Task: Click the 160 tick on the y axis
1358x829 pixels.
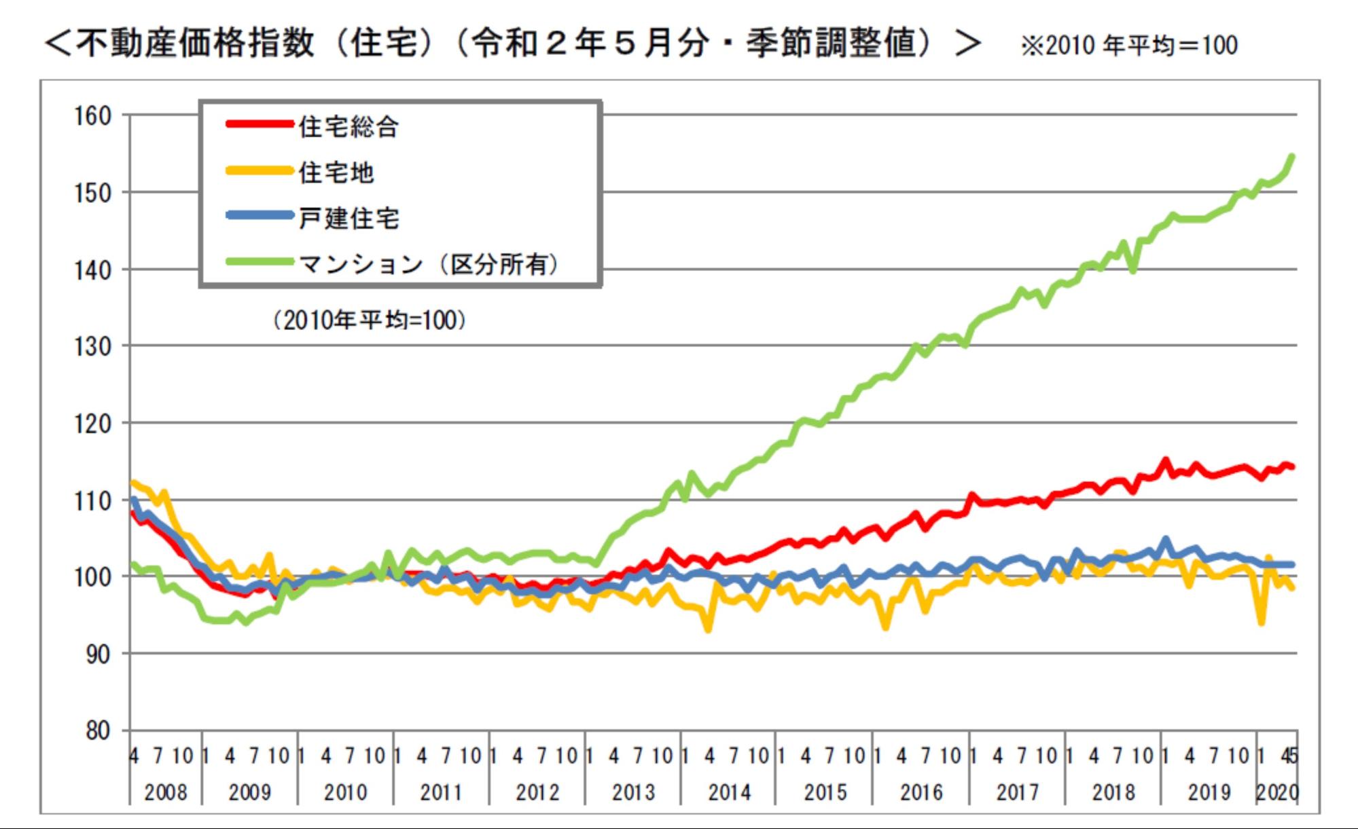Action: coord(92,116)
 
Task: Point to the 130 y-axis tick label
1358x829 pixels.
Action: coord(92,347)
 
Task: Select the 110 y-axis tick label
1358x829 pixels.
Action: coord(92,501)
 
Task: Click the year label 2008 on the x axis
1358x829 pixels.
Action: coord(165,792)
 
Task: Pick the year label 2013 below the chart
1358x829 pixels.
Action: coord(633,792)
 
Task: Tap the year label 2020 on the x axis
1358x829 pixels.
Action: coord(1277,792)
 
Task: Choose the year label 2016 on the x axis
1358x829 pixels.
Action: coord(921,792)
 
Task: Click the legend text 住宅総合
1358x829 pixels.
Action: coord(349,127)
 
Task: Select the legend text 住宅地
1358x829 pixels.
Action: coord(336,172)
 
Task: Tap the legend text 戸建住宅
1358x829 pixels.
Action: coord(349,218)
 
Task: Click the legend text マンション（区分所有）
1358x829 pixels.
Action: coord(429,264)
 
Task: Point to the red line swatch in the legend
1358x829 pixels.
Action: coord(260,124)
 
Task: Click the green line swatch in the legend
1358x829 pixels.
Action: coord(260,261)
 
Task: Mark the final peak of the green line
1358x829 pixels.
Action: coord(1291,157)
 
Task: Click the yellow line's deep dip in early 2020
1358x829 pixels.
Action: coord(1262,623)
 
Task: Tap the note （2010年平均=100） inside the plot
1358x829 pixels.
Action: coord(370,320)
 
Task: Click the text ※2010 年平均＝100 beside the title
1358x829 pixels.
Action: coord(1128,45)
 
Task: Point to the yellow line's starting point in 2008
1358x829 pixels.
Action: coord(132,483)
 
